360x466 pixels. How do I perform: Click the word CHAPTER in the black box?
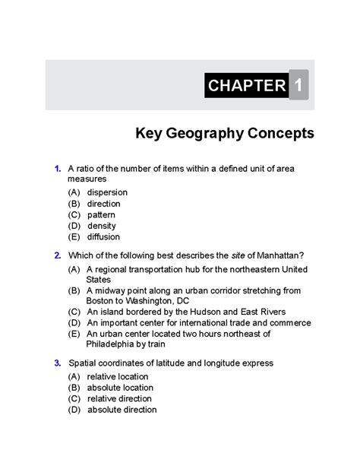click(x=245, y=85)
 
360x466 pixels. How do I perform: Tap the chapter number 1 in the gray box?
click(x=299, y=85)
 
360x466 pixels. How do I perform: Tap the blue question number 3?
click(x=58, y=363)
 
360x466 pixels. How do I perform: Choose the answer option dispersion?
click(x=107, y=192)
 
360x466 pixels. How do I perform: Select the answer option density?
click(x=102, y=226)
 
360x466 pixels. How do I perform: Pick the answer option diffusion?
click(x=104, y=236)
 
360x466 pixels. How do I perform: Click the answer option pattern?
click(x=102, y=215)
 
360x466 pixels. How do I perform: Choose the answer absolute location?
click(x=120, y=387)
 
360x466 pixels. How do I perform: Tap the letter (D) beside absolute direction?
click(x=74, y=410)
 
